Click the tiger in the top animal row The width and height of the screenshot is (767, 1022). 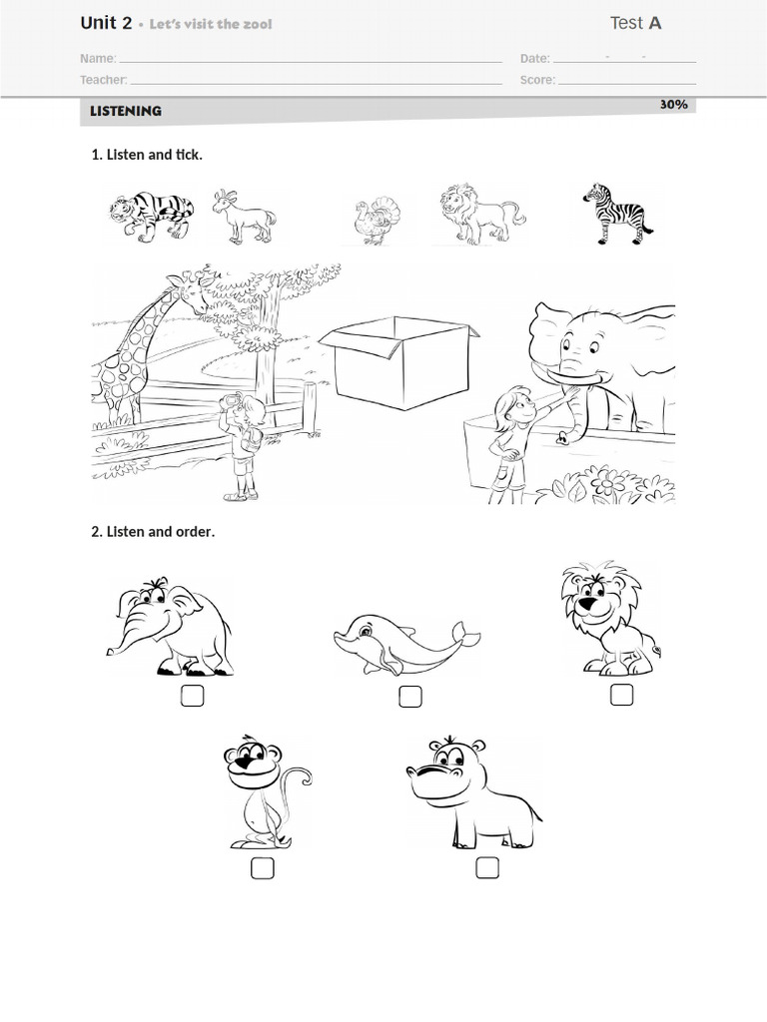tap(151, 216)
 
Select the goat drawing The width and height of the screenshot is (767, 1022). tap(244, 217)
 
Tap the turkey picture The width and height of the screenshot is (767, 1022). tap(377, 222)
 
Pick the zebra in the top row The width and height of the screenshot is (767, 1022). tap(617, 214)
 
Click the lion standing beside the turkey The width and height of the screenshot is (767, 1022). tap(482, 214)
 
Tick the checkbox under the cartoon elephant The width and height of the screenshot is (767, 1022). tap(192, 696)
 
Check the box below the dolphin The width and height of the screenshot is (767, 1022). tap(410, 696)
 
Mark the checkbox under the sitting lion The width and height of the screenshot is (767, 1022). tap(621, 695)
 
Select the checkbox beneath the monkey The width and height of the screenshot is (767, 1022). tap(263, 868)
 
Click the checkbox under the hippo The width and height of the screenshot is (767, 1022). tap(487, 867)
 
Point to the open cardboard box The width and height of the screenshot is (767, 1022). tap(399, 362)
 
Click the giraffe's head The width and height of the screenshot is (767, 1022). tap(191, 291)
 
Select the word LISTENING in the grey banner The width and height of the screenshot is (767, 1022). tap(126, 111)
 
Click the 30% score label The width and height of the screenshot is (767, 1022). tap(674, 104)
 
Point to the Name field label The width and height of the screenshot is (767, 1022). tap(98, 59)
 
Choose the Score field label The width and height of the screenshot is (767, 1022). tap(537, 80)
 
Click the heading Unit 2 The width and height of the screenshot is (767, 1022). tap(106, 23)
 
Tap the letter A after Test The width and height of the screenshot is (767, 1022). tap(655, 24)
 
